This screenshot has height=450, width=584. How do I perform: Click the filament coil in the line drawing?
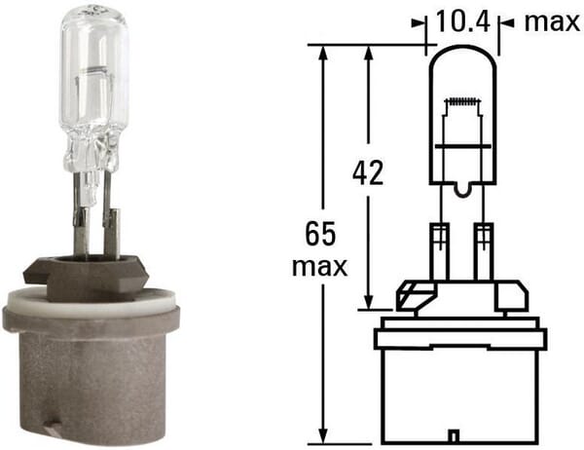point(462,102)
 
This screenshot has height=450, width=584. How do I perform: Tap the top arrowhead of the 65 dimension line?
point(322,51)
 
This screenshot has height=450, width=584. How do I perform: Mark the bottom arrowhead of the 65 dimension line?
point(322,435)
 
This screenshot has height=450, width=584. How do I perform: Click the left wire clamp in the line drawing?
point(439,236)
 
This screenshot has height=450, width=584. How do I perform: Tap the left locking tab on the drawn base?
point(412,290)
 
